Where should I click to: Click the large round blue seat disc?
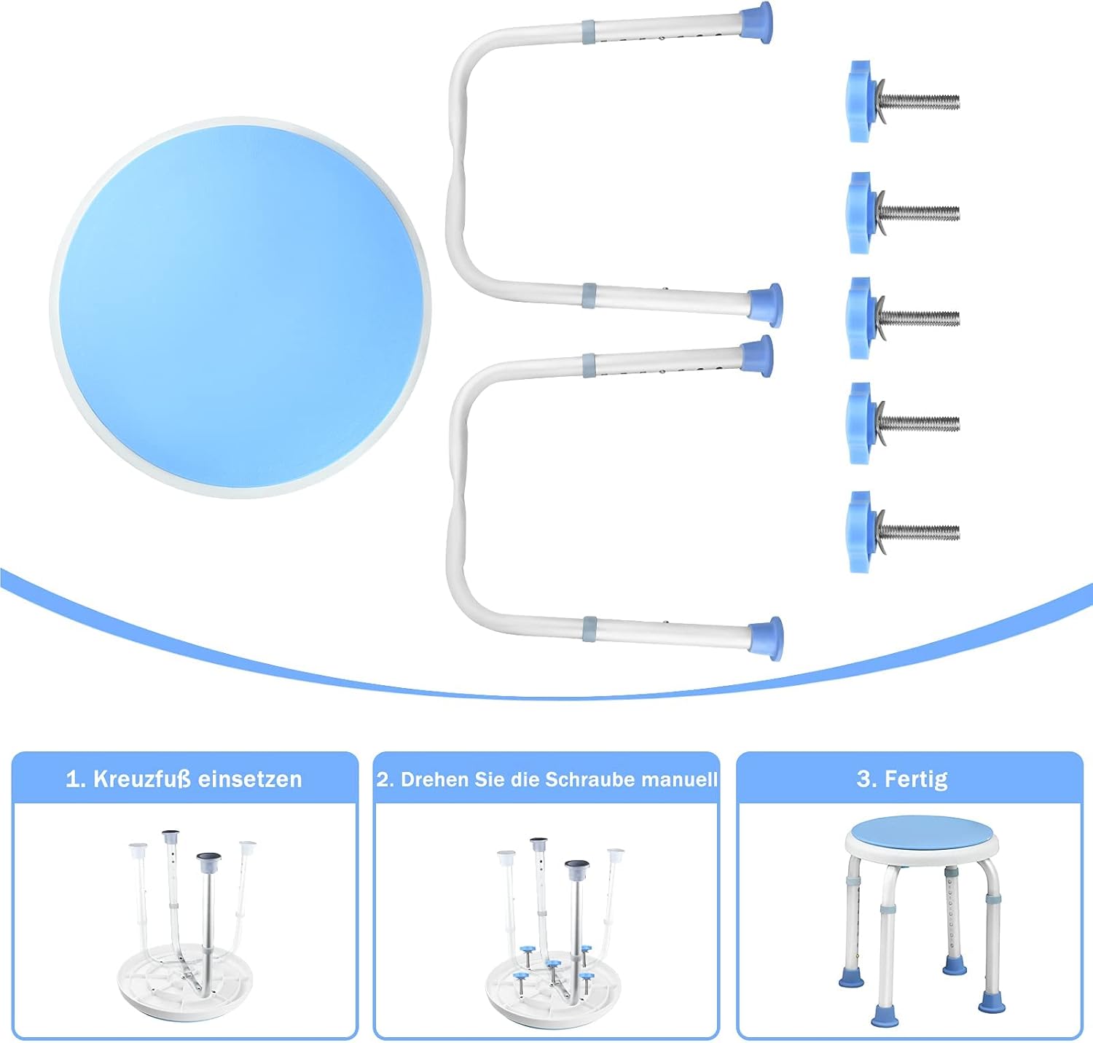(240, 308)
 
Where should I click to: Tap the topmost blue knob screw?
(904, 101)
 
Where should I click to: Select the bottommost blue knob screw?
(904, 531)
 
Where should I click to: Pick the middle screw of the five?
(904, 318)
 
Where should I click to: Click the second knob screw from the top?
(904, 213)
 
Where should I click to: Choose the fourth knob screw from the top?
(904, 423)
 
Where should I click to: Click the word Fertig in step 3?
(916, 780)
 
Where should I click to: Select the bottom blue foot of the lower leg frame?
(767, 638)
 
